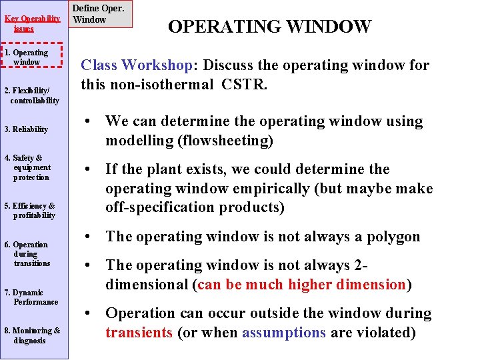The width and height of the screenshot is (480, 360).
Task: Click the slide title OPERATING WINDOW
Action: [x=269, y=27]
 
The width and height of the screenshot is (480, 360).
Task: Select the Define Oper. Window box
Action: [x=99, y=14]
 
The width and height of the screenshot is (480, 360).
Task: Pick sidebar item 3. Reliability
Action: [x=26, y=129]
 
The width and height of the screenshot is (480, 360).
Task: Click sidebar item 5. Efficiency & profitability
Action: [x=31, y=211]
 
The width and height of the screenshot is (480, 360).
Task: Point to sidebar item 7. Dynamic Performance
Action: [x=31, y=297]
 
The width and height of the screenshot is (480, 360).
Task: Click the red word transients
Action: [x=139, y=332]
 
